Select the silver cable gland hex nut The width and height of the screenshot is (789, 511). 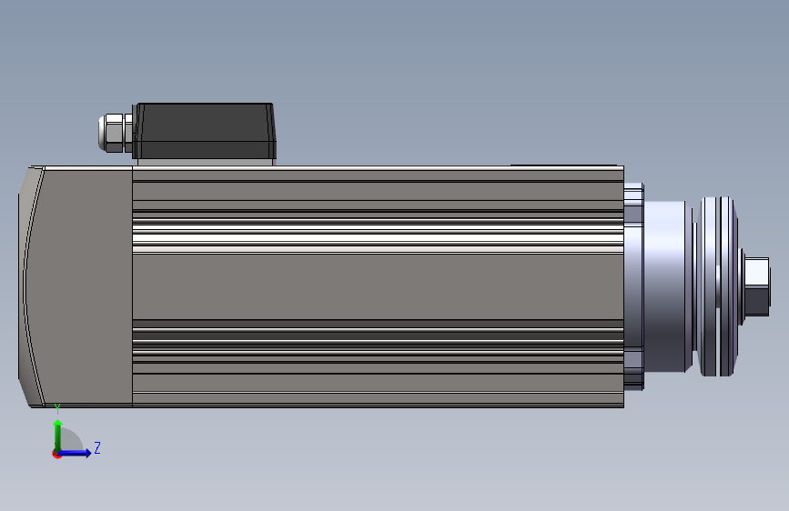tap(115, 133)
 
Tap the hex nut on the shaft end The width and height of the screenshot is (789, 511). tap(756, 286)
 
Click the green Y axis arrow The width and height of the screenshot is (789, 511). tap(58, 436)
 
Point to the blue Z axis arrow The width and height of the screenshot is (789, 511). tap(74, 453)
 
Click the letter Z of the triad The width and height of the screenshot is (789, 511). tap(97, 447)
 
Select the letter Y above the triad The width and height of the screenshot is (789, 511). tap(57, 409)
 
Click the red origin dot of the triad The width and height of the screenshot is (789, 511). tap(56, 454)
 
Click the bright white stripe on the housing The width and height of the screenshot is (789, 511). tap(378, 238)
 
